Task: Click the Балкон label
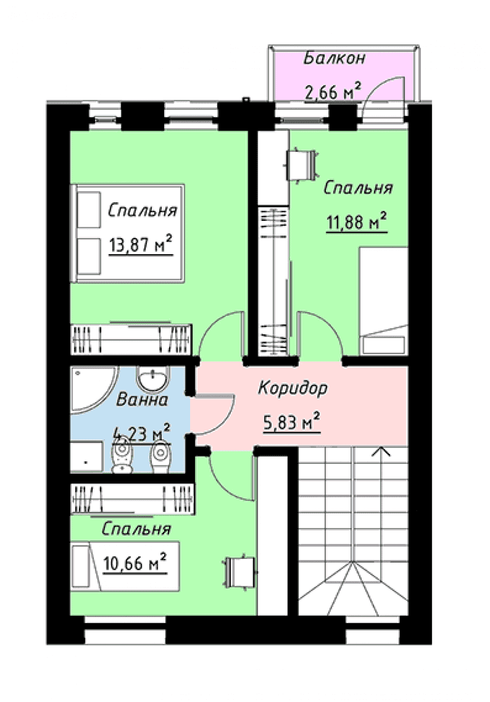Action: [334, 58]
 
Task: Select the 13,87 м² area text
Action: [141, 243]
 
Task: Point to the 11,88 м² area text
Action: [356, 221]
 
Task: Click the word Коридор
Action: [293, 388]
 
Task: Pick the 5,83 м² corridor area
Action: [292, 422]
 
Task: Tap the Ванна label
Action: [142, 400]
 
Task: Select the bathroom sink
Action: [153, 379]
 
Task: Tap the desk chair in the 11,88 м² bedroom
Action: [301, 165]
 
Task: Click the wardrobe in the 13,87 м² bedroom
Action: [131, 339]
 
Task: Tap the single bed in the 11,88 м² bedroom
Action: [384, 301]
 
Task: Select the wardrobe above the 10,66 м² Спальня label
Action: [133, 499]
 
